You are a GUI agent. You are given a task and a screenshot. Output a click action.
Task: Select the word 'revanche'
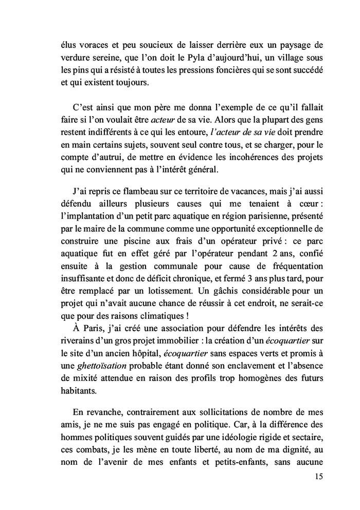pos(103,417)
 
